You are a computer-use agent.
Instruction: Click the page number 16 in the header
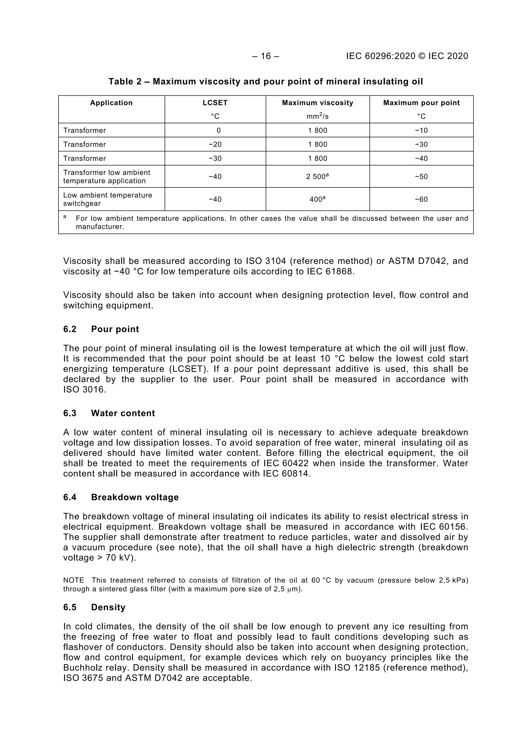(266, 56)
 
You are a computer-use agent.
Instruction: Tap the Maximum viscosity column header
(317, 103)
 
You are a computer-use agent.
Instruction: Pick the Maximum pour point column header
(421, 103)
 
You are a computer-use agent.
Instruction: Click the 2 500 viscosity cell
(317, 177)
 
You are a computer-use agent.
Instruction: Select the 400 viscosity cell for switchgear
(317, 199)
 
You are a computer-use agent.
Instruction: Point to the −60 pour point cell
(421, 199)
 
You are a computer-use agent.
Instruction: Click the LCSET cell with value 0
(218, 131)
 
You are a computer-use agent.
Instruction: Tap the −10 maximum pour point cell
(421, 131)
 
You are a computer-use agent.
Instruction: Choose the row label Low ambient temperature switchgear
(108, 199)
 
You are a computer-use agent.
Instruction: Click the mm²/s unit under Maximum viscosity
(317, 116)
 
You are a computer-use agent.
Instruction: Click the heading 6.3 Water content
(109, 413)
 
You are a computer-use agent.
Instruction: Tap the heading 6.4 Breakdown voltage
(121, 497)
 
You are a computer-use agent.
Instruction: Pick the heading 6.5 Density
(94, 607)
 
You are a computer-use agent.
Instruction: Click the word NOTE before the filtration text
(74, 581)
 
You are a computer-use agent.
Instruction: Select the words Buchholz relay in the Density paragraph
(97, 668)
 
